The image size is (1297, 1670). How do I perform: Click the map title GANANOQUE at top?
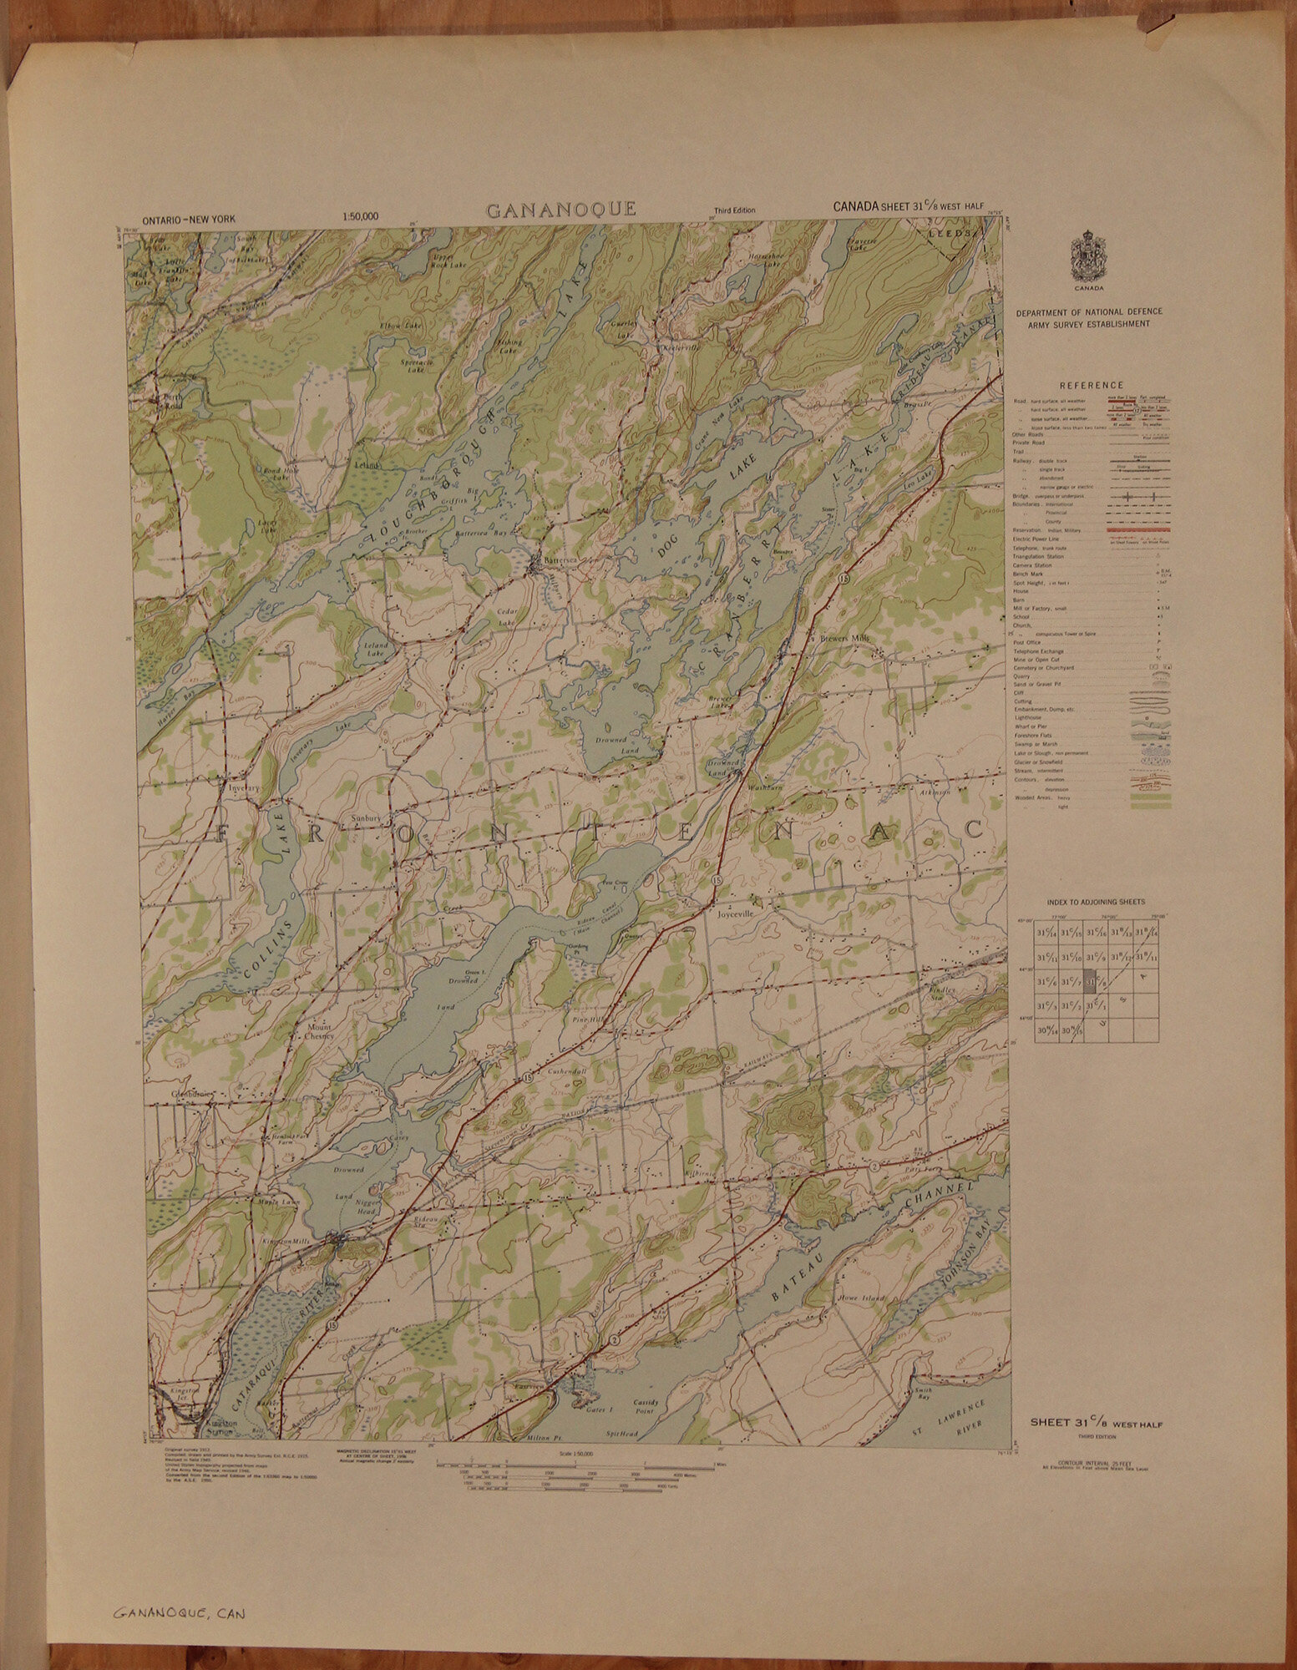pyautogui.click(x=560, y=210)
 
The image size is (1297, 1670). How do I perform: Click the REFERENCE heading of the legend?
pyautogui.click(x=1090, y=385)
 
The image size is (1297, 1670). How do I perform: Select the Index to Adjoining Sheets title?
pyautogui.click(x=1096, y=903)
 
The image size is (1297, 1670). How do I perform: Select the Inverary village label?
pyautogui.click(x=240, y=787)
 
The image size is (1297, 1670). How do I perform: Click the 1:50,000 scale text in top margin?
pyautogui.click(x=360, y=217)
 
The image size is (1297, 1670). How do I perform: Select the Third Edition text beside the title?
pyautogui.click(x=734, y=210)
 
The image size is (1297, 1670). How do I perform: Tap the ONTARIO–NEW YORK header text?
pyautogui.click(x=190, y=219)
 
